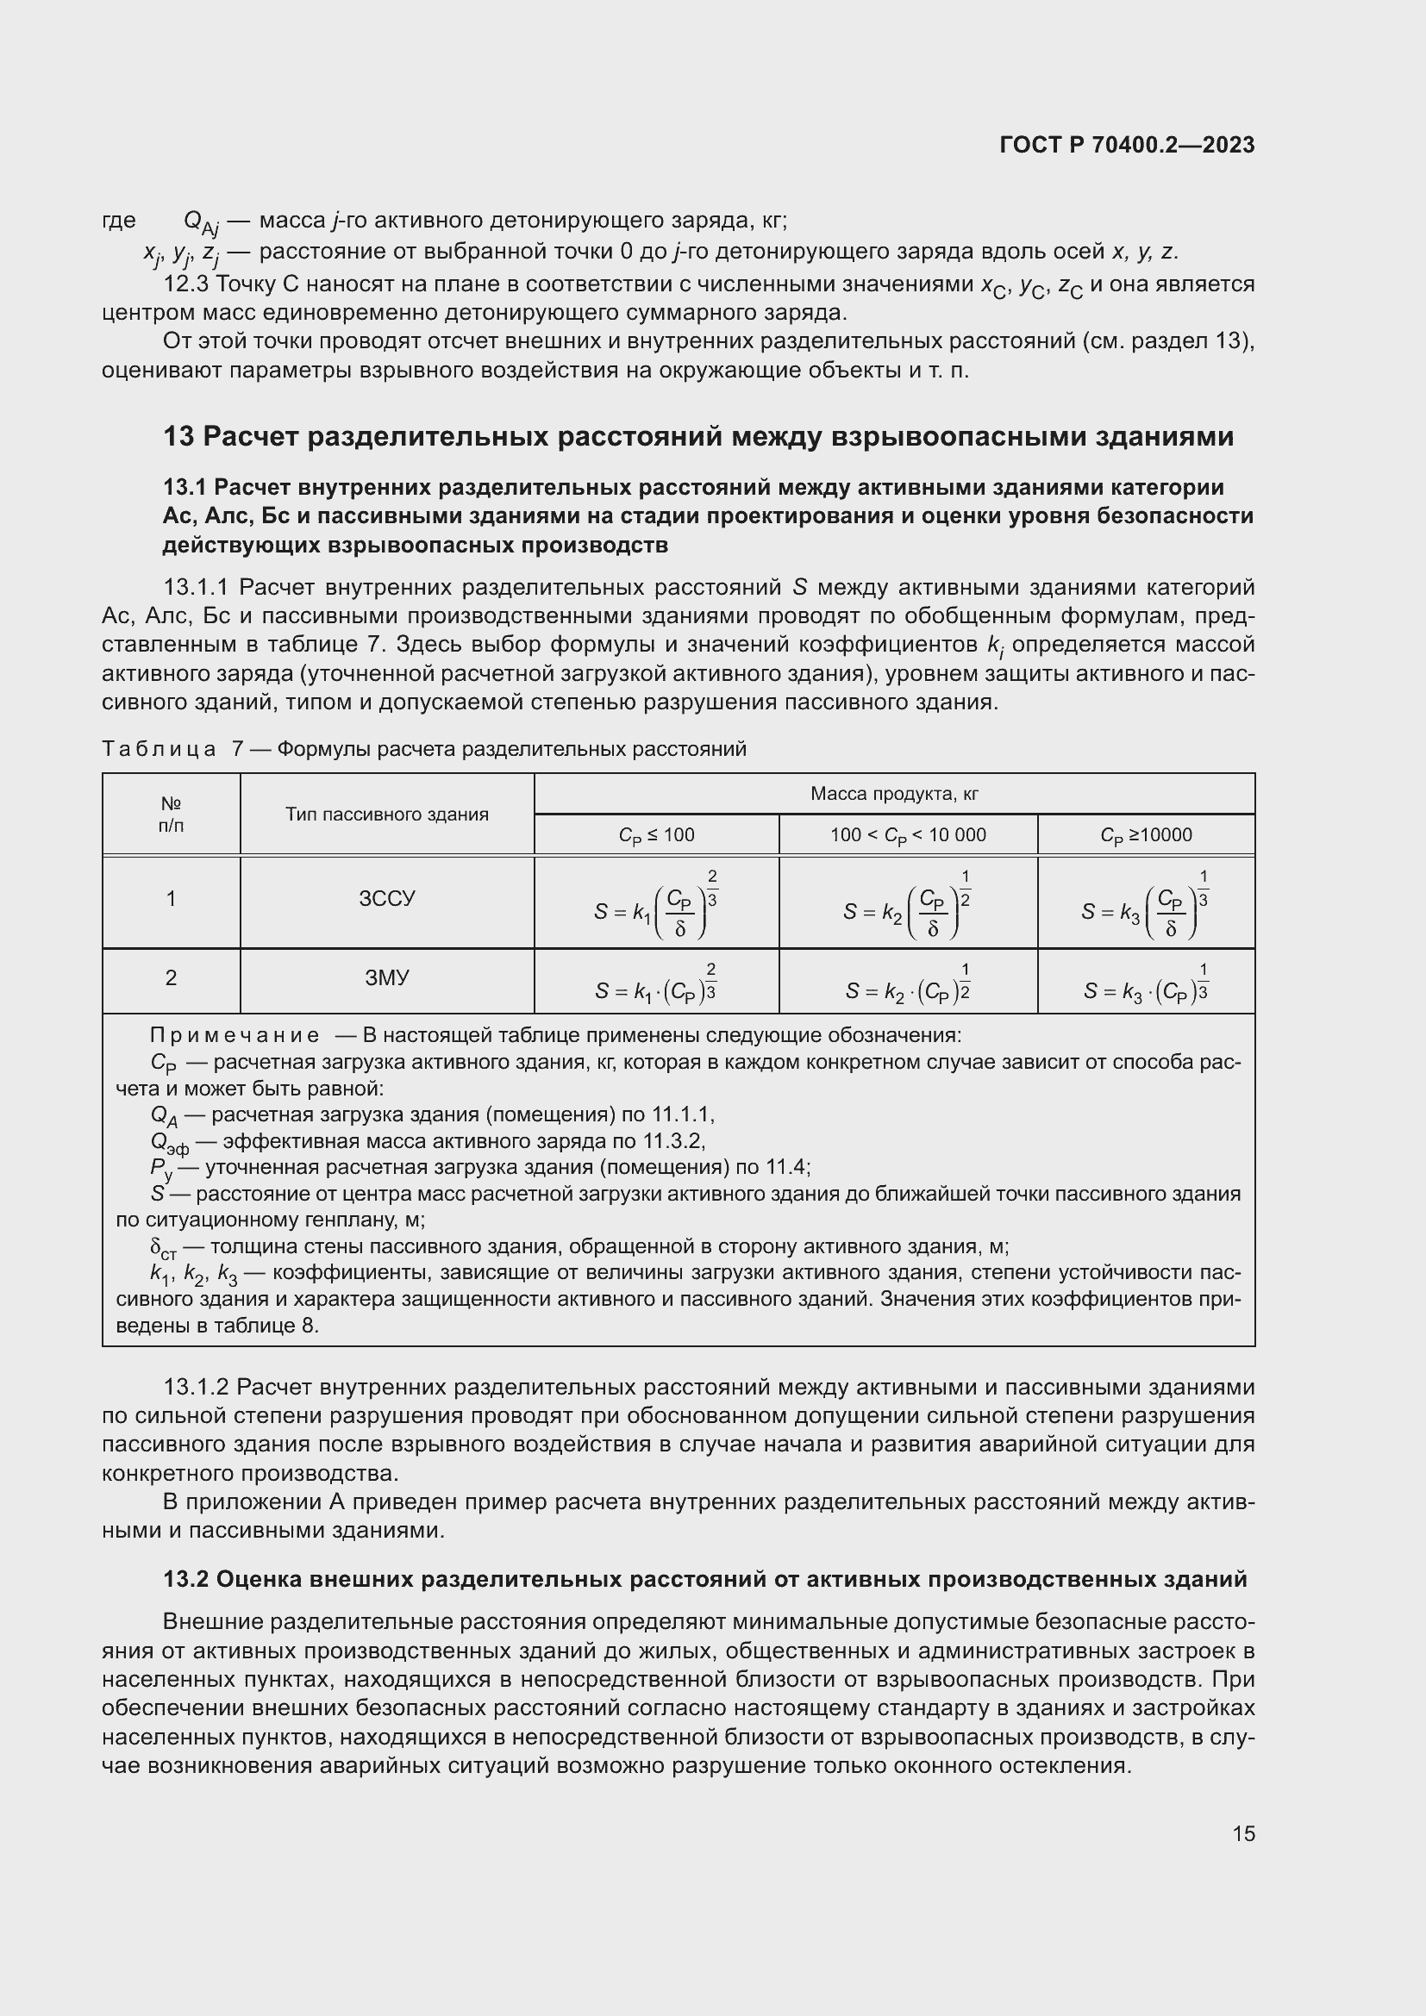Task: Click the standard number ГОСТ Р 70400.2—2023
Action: pyautogui.click(x=1127, y=145)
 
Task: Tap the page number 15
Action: pyautogui.click(x=1243, y=1833)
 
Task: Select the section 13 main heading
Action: pyautogui.click(x=698, y=436)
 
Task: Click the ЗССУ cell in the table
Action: pyautogui.click(x=386, y=898)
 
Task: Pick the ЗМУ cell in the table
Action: pyautogui.click(x=386, y=977)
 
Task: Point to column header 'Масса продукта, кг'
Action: pyautogui.click(x=894, y=794)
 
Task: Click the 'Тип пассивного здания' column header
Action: pyautogui.click(x=386, y=814)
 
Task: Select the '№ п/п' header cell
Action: pyautogui.click(x=172, y=814)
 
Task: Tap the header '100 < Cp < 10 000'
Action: pyautogui.click(x=908, y=835)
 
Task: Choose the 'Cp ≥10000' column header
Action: pyautogui.click(x=1146, y=835)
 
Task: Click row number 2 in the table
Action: pyautogui.click(x=172, y=977)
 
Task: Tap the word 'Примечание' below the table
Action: pyautogui.click(x=235, y=1035)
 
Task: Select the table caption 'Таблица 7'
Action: pyautogui.click(x=172, y=749)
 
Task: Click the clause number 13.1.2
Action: pyautogui.click(x=196, y=1387)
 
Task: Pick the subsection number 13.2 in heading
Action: pyautogui.click(x=185, y=1579)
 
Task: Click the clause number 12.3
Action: pyautogui.click(x=185, y=284)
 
